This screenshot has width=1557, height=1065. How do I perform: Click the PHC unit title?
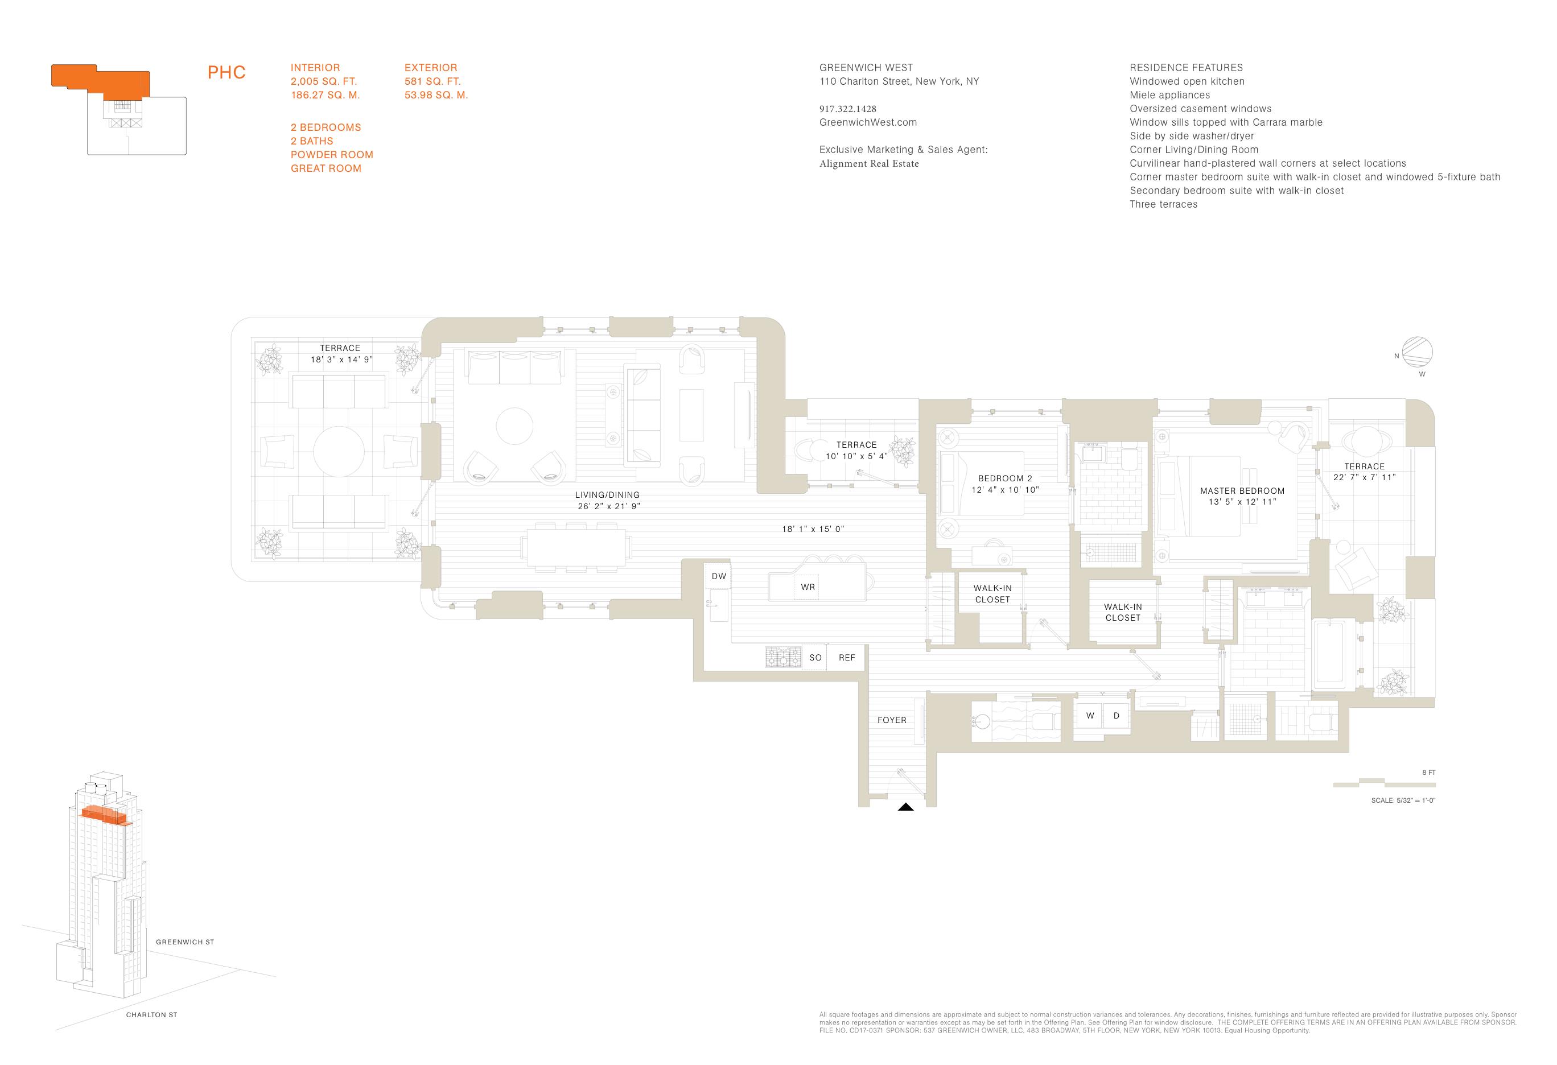click(226, 72)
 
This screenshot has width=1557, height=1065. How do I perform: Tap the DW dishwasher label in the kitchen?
click(718, 576)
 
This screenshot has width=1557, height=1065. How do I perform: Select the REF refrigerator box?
click(847, 658)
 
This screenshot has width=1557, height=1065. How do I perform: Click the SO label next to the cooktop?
click(815, 658)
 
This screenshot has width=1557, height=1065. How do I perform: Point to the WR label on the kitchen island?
click(808, 587)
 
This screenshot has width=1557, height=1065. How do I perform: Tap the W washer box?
click(1090, 715)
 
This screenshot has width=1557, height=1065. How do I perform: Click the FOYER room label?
click(892, 720)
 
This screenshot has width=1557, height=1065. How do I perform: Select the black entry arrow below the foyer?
click(906, 807)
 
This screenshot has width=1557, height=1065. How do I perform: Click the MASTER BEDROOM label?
click(1242, 491)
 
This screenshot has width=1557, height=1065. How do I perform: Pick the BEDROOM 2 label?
click(1005, 478)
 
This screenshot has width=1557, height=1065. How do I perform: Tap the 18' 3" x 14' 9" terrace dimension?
click(341, 360)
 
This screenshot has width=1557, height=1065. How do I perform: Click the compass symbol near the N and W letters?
click(1417, 352)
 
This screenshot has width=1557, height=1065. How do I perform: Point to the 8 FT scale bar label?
click(1428, 772)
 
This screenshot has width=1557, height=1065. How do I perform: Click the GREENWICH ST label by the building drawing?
click(185, 942)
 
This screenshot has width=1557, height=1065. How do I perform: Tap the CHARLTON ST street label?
click(151, 1015)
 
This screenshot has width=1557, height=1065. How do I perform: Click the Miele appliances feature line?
click(1170, 95)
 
